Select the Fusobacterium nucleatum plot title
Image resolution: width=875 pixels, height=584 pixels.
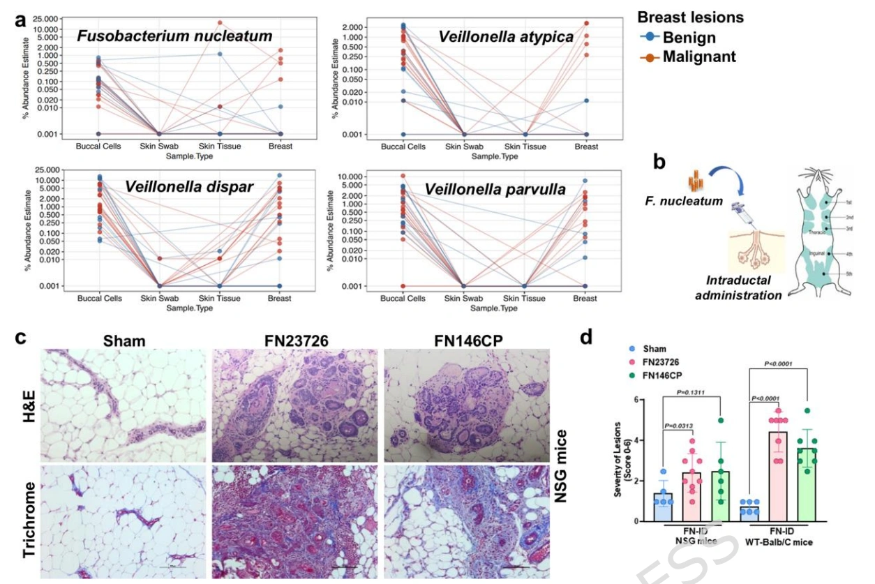pos(174,36)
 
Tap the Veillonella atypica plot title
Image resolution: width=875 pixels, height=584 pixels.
pos(506,36)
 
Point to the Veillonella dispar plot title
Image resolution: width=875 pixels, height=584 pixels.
pos(189,186)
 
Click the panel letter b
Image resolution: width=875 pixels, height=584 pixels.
pos(659,163)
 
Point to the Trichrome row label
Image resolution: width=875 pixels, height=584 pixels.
pos(31,517)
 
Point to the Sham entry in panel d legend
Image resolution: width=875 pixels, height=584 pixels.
pos(653,349)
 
